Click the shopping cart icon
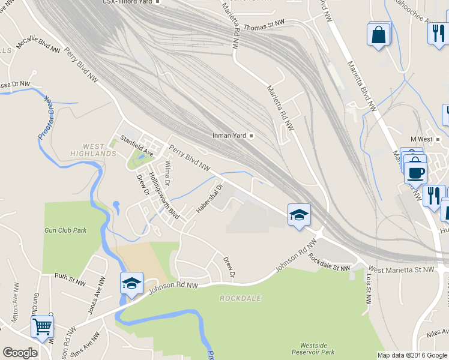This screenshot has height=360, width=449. coord(42,328)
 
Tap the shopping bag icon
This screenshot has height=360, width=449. coord(379,34)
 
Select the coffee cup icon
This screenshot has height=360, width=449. coord(415,173)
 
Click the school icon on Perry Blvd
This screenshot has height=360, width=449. coord(298,214)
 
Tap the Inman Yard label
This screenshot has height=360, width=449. coord(230,135)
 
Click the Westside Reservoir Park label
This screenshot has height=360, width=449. coord(317,349)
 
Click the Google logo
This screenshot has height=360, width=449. coord(20,353)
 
